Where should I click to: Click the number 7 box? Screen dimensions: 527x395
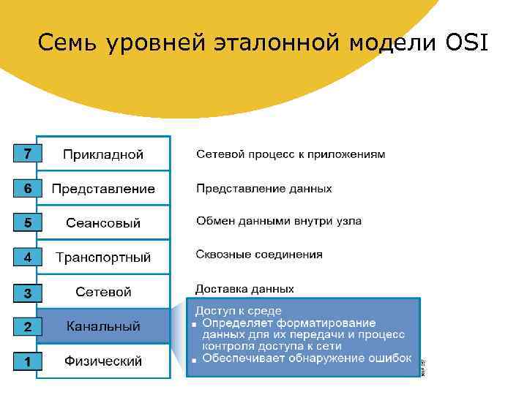(x=27, y=154)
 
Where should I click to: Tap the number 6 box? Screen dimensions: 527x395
(x=27, y=188)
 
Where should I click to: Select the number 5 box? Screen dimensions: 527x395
(x=27, y=222)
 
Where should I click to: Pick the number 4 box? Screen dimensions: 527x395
(x=27, y=257)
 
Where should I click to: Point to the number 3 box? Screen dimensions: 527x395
(x=27, y=293)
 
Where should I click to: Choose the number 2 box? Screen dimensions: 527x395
(x=27, y=327)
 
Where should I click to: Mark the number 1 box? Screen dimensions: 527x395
(x=27, y=361)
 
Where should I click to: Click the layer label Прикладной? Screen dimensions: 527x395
(x=103, y=154)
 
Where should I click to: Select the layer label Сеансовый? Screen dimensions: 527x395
(x=103, y=223)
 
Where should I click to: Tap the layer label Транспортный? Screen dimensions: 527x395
(x=103, y=257)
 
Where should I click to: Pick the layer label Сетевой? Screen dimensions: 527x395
(x=103, y=292)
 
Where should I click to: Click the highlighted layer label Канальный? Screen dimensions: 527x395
(x=103, y=326)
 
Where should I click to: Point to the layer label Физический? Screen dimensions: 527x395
(x=103, y=361)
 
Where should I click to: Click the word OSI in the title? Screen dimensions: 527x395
(x=465, y=44)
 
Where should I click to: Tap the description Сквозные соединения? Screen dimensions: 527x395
(x=259, y=255)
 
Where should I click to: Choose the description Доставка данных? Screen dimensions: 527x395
(x=244, y=289)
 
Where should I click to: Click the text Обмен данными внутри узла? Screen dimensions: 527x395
(x=278, y=221)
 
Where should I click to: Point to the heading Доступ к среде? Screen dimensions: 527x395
(x=238, y=311)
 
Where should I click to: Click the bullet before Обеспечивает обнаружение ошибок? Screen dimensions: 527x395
(x=193, y=359)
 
